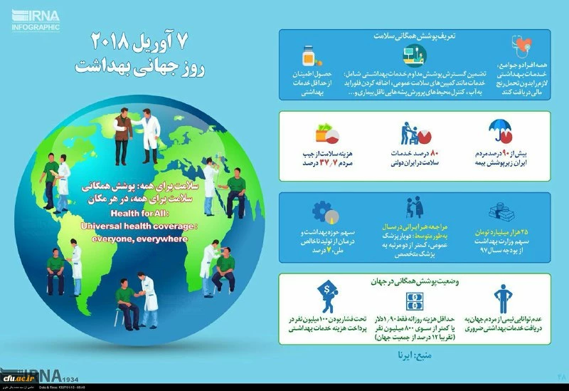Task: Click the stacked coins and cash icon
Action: [x=507, y=212]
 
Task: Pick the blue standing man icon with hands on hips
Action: [x=504, y=300]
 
